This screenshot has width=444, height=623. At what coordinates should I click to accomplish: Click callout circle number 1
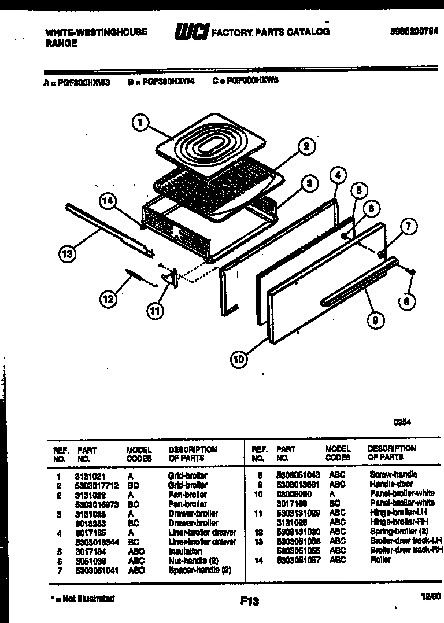(140, 123)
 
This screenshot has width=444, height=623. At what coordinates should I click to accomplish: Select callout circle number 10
(238, 359)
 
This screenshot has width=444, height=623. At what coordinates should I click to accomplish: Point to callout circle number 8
(406, 301)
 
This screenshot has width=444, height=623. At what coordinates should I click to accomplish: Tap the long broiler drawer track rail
(110, 229)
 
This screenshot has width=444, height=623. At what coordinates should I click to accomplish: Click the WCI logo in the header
(190, 32)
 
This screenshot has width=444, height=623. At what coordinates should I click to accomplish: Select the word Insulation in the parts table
(186, 551)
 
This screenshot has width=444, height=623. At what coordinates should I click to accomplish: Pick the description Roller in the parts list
(380, 559)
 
